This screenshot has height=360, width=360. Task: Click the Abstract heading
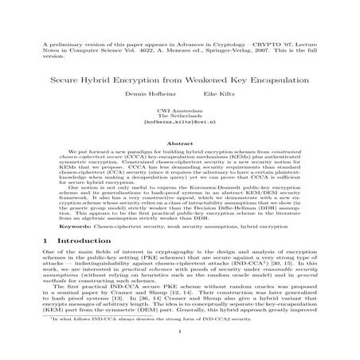click(x=180, y=143)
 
